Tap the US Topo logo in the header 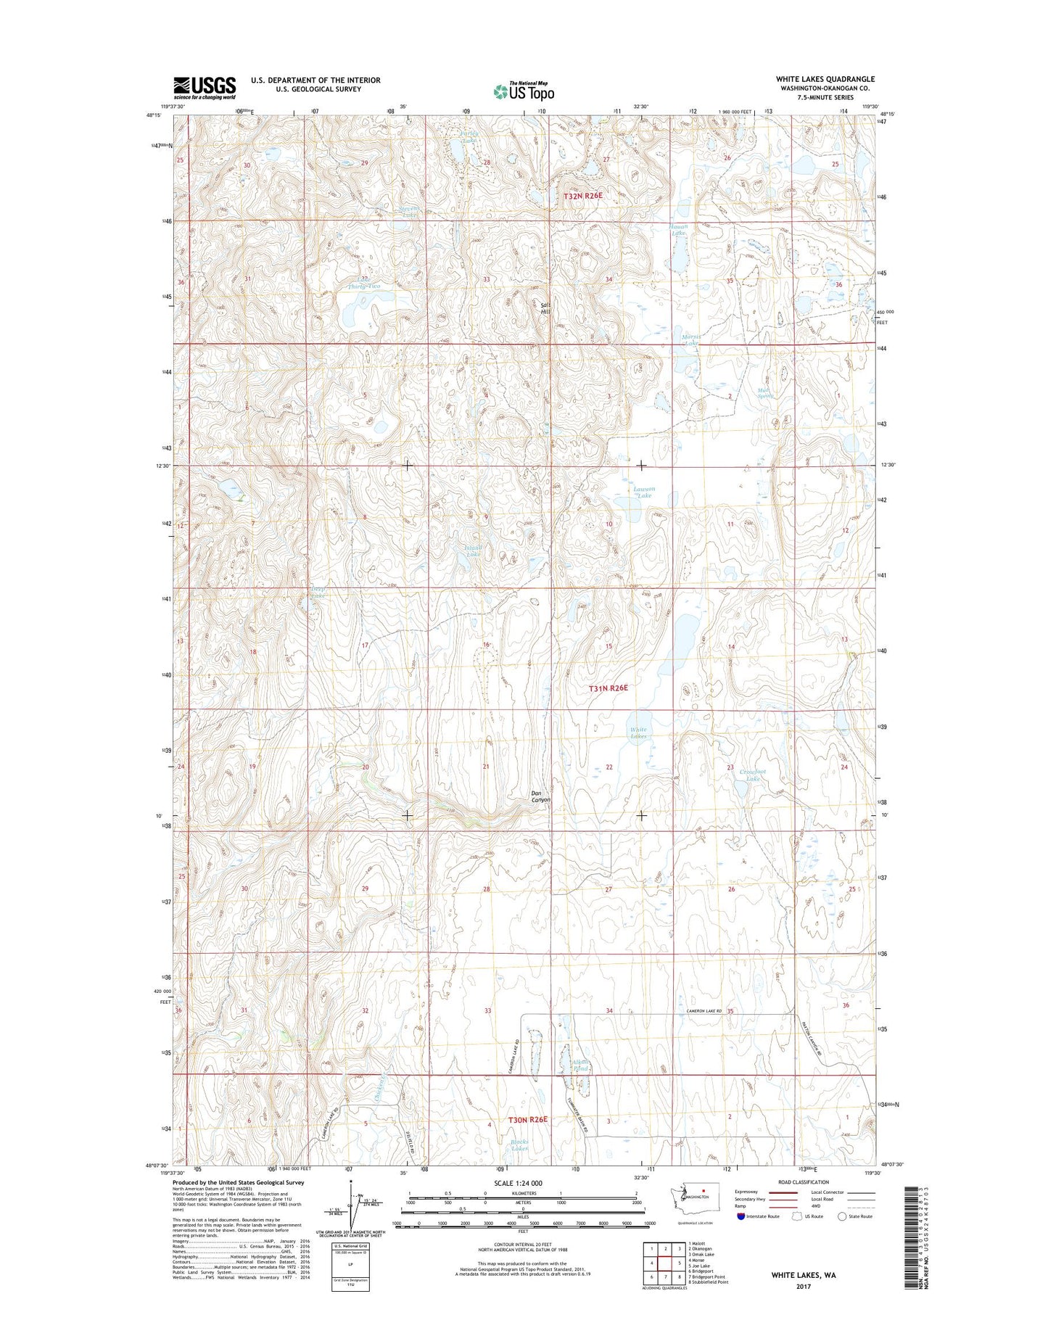(x=524, y=91)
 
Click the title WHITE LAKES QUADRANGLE (x=825, y=79)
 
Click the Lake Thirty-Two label (x=363, y=283)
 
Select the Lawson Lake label (x=643, y=492)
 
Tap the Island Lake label (x=473, y=551)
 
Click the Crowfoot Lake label (x=754, y=775)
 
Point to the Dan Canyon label (x=540, y=796)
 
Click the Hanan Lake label (x=678, y=230)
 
